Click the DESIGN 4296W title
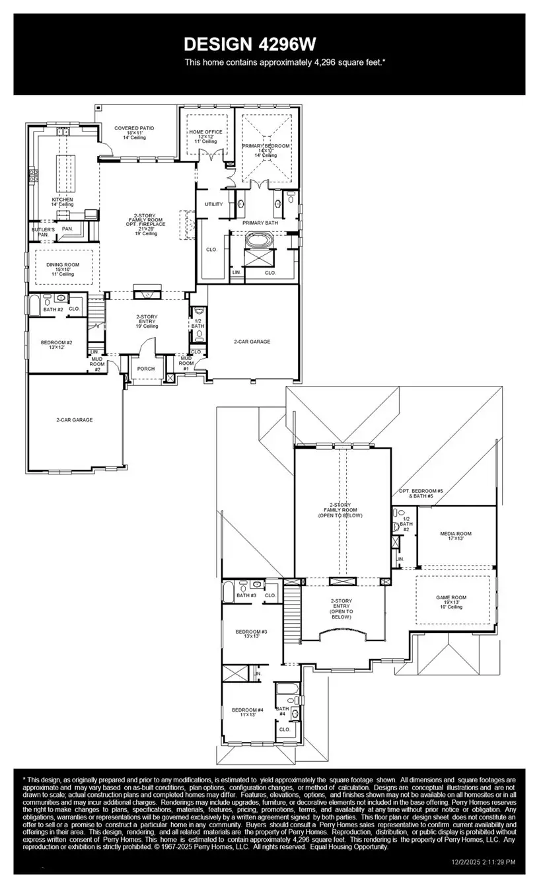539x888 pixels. [x=250, y=44]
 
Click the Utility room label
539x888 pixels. [x=213, y=204]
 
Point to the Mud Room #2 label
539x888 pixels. [x=97, y=364]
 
